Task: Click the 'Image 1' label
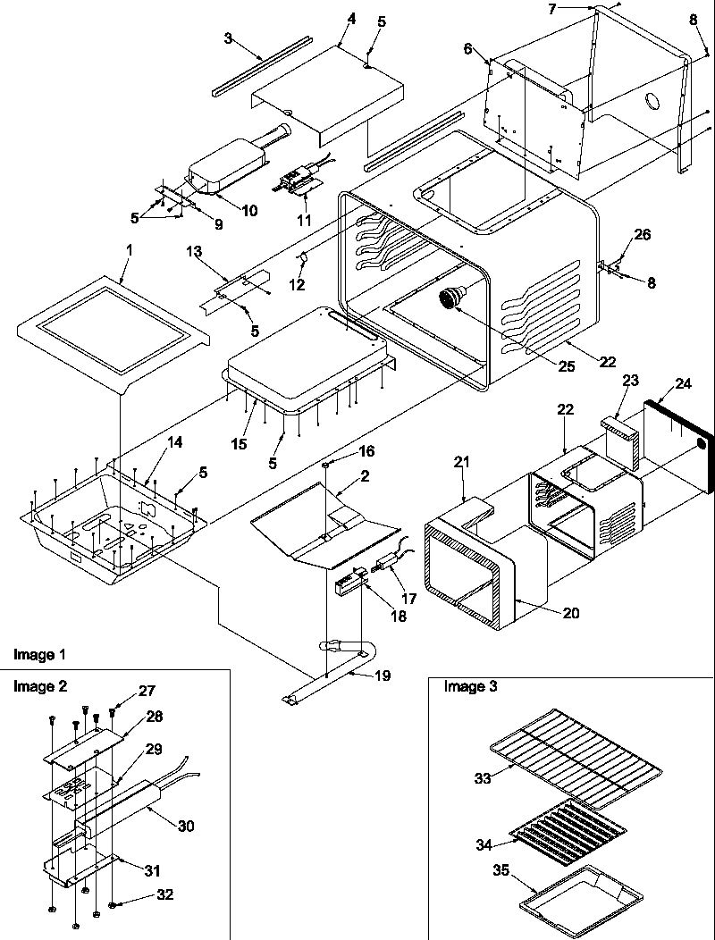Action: (39, 655)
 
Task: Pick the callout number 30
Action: (185, 826)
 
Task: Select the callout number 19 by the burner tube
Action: (382, 676)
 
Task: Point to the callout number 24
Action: (684, 384)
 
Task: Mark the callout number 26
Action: (643, 235)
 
